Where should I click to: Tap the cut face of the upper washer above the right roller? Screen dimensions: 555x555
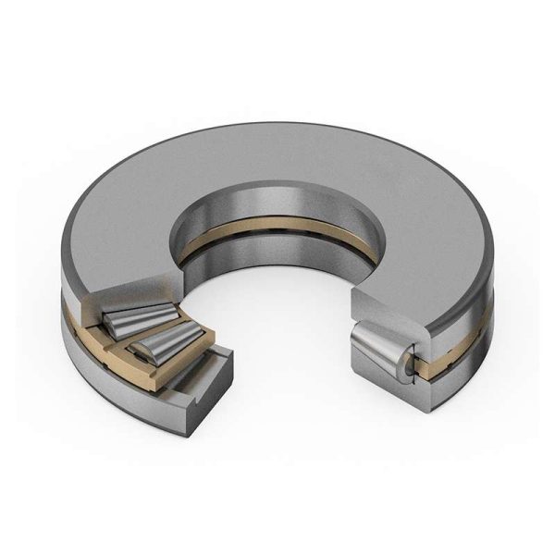coord(388,310)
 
